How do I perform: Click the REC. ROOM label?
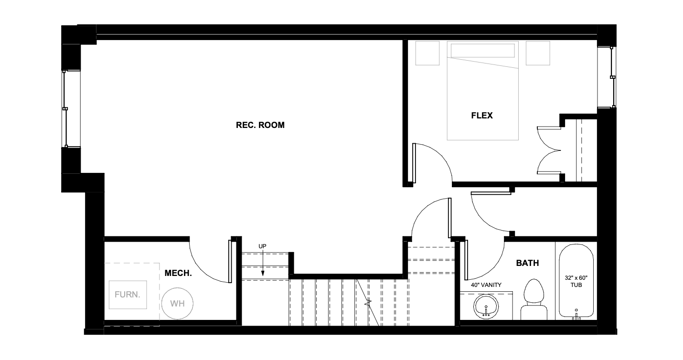260,125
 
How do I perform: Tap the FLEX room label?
482,116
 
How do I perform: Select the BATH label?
527,263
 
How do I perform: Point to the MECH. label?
178,273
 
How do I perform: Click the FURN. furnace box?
128,295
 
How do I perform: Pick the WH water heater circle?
177,303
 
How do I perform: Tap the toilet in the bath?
534,299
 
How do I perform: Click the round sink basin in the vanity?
486,307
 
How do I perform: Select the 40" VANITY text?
486,285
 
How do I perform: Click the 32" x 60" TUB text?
576,281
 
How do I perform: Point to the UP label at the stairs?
262,246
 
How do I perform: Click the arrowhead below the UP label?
263,274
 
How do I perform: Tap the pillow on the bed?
483,51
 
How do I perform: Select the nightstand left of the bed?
427,53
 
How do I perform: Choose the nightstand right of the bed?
538,53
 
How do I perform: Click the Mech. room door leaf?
230,262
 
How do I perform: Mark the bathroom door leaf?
466,260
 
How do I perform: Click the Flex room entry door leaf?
414,163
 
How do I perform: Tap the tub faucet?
576,315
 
